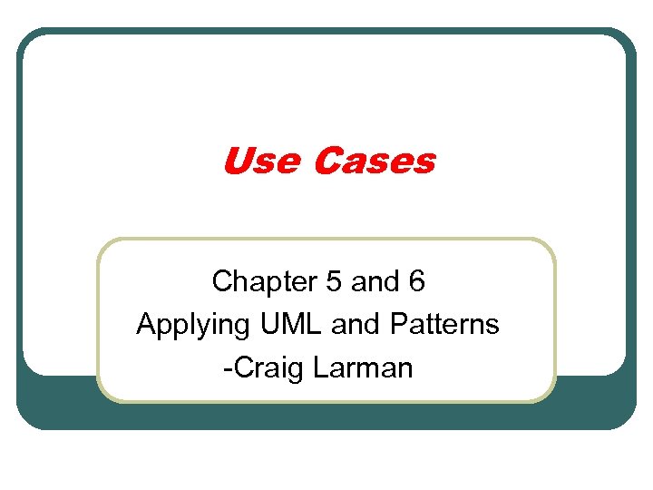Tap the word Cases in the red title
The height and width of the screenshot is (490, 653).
point(374,162)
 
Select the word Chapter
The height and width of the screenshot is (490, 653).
point(258,282)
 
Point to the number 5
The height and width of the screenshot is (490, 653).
point(333,282)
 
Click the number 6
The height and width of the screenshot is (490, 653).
point(416,282)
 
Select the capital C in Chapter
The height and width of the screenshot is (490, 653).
point(221,282)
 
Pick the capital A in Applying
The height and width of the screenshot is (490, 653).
point(145,324)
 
